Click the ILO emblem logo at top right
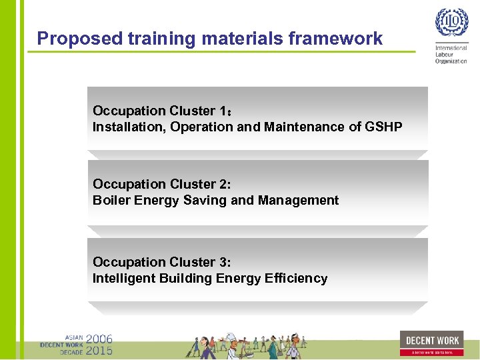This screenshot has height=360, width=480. coord(451,24)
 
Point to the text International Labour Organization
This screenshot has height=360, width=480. coord(451,55)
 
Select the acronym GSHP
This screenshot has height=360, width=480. coord(384,127)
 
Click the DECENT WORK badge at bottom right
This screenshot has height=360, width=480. coord(431,343)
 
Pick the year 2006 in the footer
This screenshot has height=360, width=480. coord(99,339)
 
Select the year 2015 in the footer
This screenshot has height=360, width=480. coord(99,350)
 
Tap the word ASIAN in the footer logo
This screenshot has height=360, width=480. coord(74,338)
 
